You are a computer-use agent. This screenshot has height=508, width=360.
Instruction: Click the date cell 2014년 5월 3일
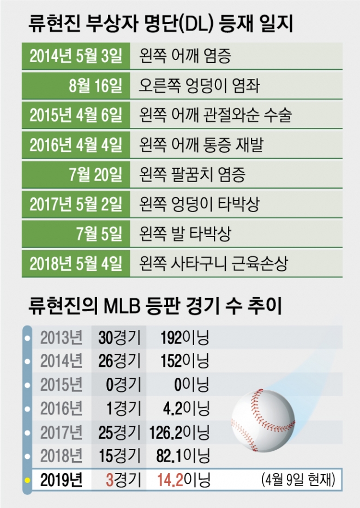75,55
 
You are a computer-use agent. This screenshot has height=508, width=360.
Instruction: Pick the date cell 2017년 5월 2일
75,204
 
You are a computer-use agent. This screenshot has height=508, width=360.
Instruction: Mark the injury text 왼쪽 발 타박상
185,234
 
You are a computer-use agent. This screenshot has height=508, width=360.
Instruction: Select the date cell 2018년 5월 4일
75,264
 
